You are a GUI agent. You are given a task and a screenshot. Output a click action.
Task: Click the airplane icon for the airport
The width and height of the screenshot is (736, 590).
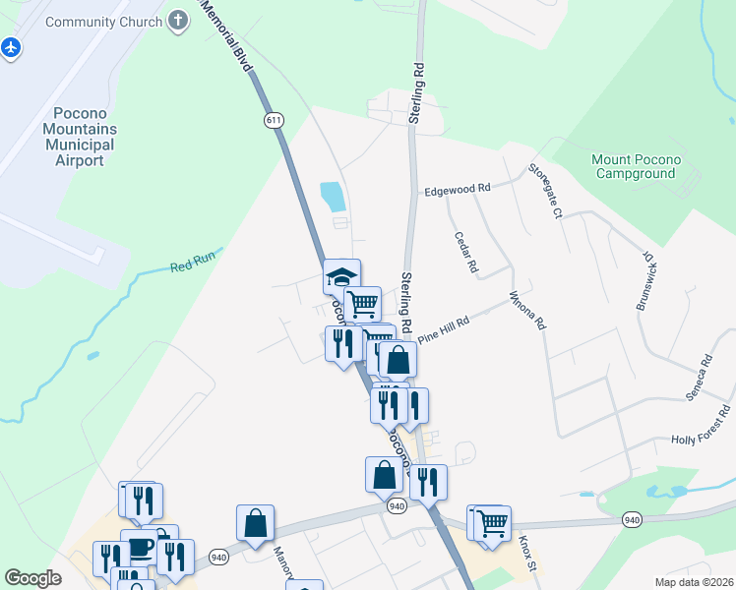[x=11, y=47]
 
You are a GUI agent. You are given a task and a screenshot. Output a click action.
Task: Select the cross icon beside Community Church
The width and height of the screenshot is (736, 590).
[x=177, y=20]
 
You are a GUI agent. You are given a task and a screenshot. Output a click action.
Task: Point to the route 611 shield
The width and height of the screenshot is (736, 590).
[x=274, y=119]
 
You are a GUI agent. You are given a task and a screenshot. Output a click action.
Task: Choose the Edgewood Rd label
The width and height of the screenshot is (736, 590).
[x=457, y=189]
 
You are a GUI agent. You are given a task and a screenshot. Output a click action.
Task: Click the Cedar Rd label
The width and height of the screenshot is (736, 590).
[x=466, y=252]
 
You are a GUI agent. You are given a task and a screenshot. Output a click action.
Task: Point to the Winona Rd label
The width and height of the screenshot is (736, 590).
[x=527, y=310]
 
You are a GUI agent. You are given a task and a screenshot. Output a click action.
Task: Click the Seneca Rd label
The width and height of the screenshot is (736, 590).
[x=702, y=375]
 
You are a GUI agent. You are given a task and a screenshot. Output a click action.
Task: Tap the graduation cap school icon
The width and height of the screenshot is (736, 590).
[x=342, y=276]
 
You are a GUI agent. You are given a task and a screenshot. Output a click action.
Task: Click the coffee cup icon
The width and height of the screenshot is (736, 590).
[x=140, y=548]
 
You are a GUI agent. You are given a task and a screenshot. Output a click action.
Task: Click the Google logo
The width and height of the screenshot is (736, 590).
[x=32, y=578]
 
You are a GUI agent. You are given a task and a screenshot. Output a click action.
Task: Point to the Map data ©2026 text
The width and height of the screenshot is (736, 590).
[x=695, y=581]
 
